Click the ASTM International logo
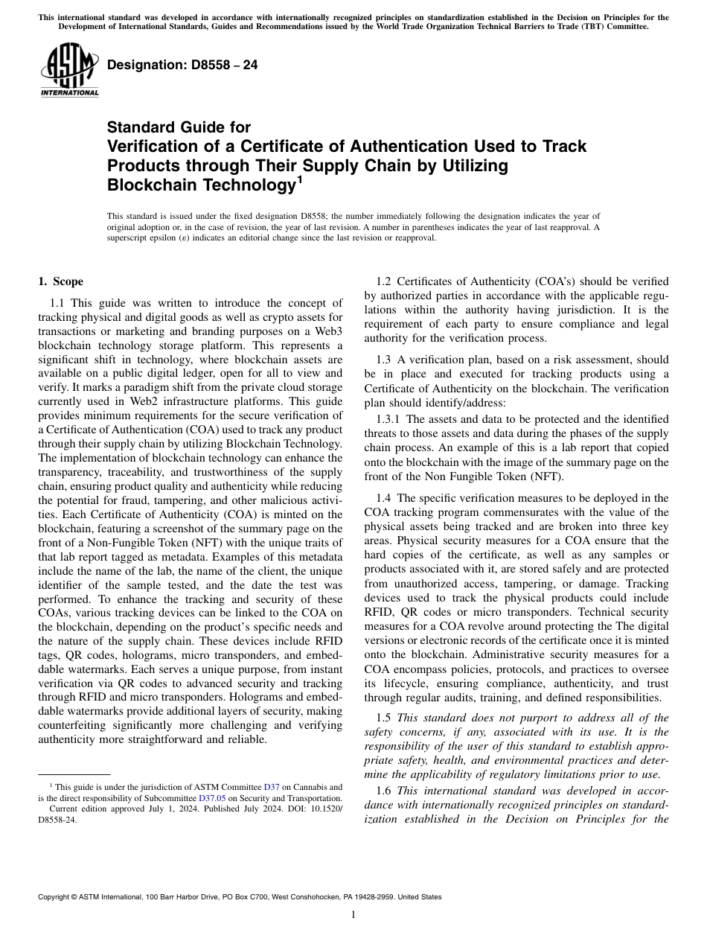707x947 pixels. point(69,70)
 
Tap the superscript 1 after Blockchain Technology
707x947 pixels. point(299,179)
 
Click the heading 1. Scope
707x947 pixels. point(60,281)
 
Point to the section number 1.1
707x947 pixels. point(57,303)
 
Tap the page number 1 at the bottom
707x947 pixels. point(353,915)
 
